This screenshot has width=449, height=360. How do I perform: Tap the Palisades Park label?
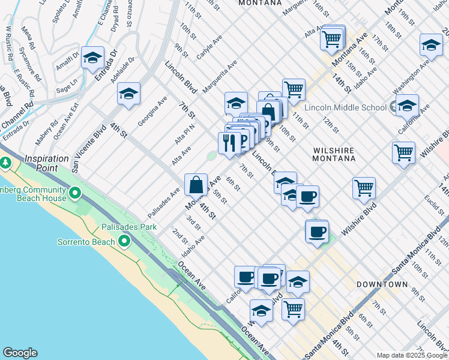pos(129,227)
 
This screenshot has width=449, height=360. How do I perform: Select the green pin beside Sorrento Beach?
pos(124,241)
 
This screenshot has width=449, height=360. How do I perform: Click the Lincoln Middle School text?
pos(346,107)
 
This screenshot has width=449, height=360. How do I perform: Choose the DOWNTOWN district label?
pos(382,284)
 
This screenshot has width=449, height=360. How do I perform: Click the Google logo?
pos(20,353)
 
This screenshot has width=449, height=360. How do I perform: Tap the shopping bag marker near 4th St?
pos(196,184)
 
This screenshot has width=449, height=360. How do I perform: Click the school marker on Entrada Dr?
pos(92,58)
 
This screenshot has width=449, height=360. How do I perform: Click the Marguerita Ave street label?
pos(220,78)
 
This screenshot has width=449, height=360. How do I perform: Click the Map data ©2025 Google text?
pos(412,355)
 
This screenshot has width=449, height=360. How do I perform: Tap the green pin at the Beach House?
pos(75,193)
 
